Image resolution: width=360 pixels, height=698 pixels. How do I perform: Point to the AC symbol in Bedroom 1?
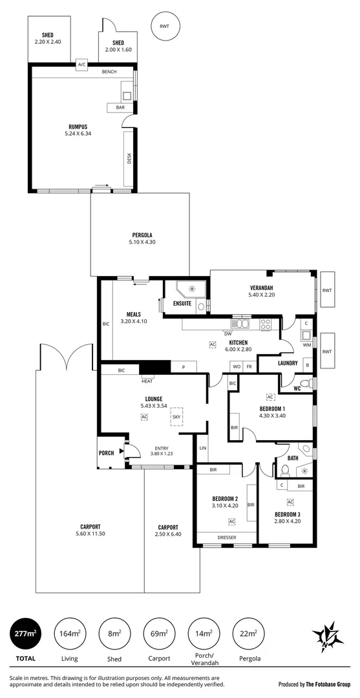pyautogui.click(x=270, y=396)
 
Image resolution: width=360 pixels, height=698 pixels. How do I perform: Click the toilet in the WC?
pyautogui.click(x=313, y=384)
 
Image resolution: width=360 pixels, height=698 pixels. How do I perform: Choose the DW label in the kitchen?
pyautogui.click(x=228, y=333)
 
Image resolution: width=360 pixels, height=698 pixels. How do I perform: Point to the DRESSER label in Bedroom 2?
pyautogui.click(x=226, y=536)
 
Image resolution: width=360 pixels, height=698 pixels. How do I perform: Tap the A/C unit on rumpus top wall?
pyautogui.click(x=82, y=65)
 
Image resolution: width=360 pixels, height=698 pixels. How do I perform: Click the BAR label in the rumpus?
pyautogui.click(x=120, y=107)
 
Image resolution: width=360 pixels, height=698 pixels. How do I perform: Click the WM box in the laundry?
pyautogui.click(x=306, y=345)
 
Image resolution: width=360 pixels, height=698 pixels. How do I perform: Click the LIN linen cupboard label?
pyautogui.click(x=203, y=447)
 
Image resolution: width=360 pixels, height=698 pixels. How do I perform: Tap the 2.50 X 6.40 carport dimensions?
pyautogui.click(x=167, y=534)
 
